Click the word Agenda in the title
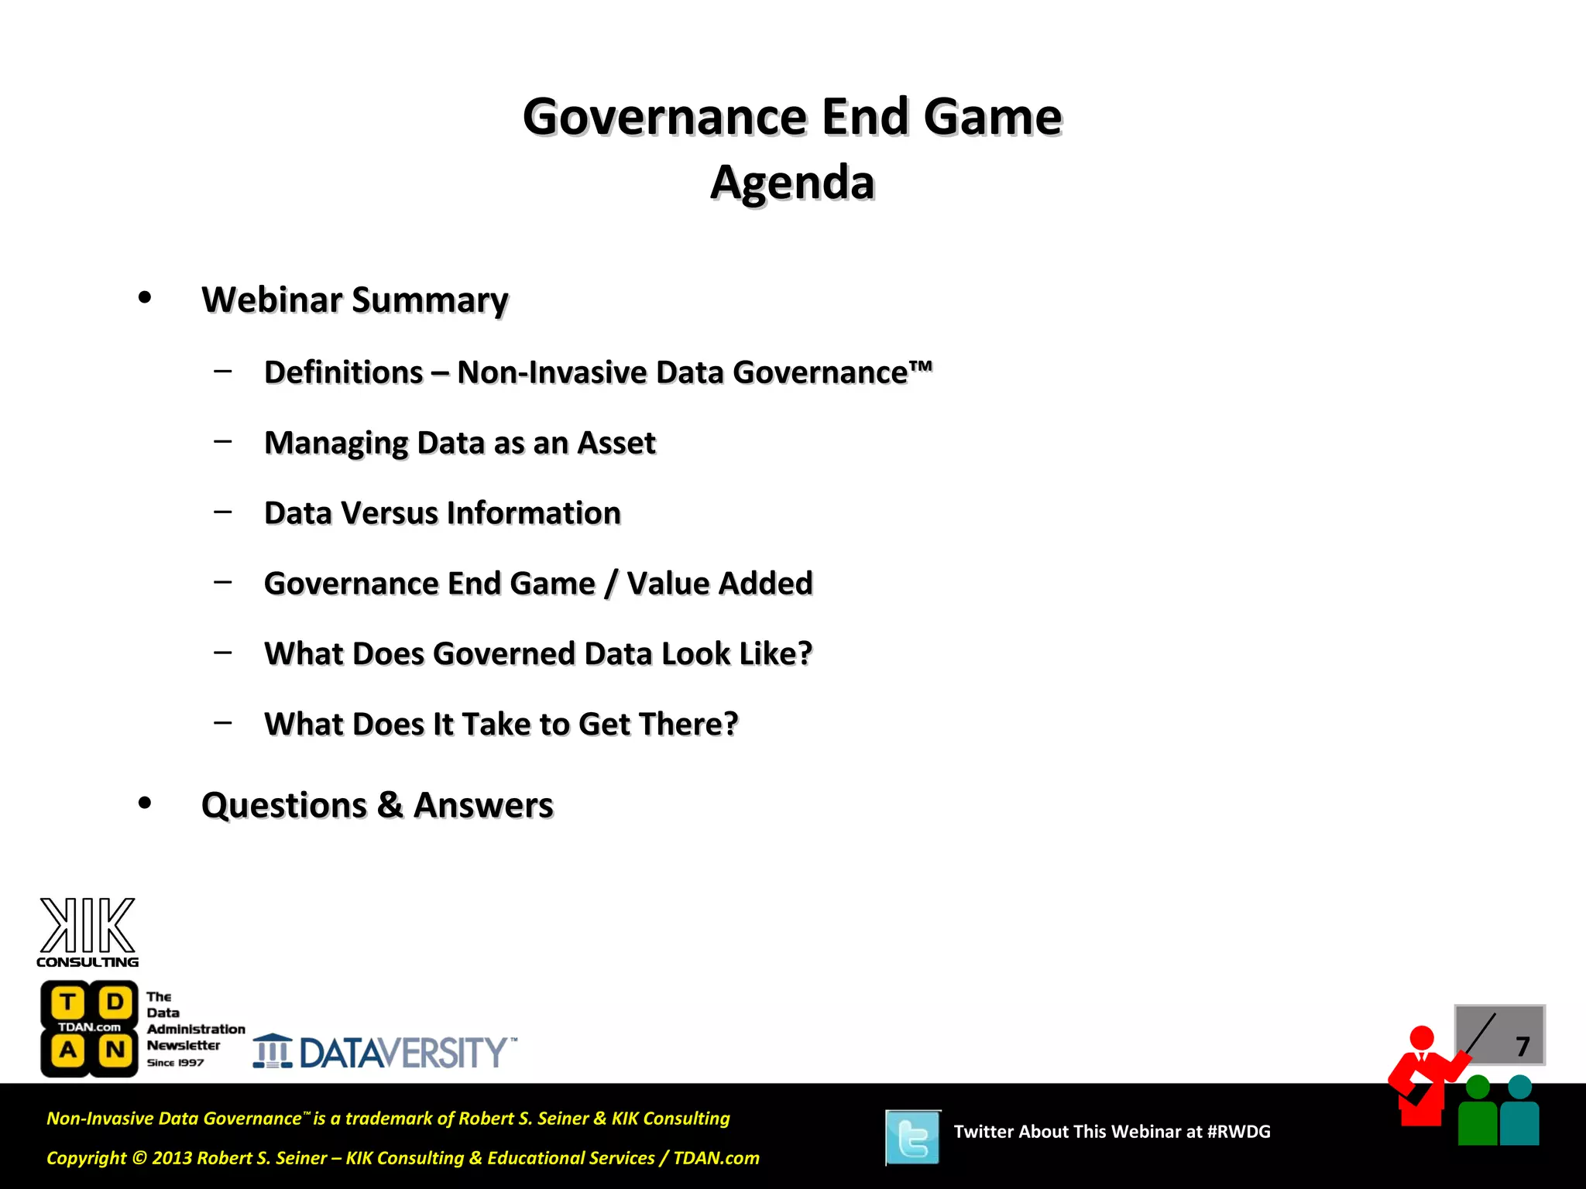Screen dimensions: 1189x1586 pyautogui.click(x=792, y=183)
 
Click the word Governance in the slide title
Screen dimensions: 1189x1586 pyautogui.click(x=666, y=117)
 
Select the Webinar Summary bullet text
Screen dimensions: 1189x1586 pyautogui.click(x=355, y=300)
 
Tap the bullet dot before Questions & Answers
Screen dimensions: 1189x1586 pyautogui.click(x=145, y=804)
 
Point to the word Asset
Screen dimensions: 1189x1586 pyautogui.click(x=616, y=443)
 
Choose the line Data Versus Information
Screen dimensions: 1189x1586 pyautogui.click(x=442, y=513)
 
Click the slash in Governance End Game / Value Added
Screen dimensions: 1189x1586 pyautogui.click(x=611, y=584)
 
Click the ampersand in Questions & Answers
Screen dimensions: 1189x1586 pyautogui.click(x=390, y=805)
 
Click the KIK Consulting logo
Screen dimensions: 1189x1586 pyautogui.click(x=88, y=932)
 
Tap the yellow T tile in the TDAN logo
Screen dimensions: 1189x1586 pyautogui.click(x=68, y=1002)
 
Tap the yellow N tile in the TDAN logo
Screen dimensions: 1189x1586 pyautogui.click(x=115, y=1050)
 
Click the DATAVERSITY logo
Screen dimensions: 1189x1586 pyautogui.click(x=385, y=1052)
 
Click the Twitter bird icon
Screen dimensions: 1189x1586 pyautogui.click(x=913, y=1137)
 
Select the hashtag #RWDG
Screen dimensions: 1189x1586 pyautogui.click(x=1238, y=1132)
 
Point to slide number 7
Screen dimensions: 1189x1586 pyautogui.click(x=1522, y=1047)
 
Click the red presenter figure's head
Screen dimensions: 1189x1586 pyautogui.click(x=1422, y=1037)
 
